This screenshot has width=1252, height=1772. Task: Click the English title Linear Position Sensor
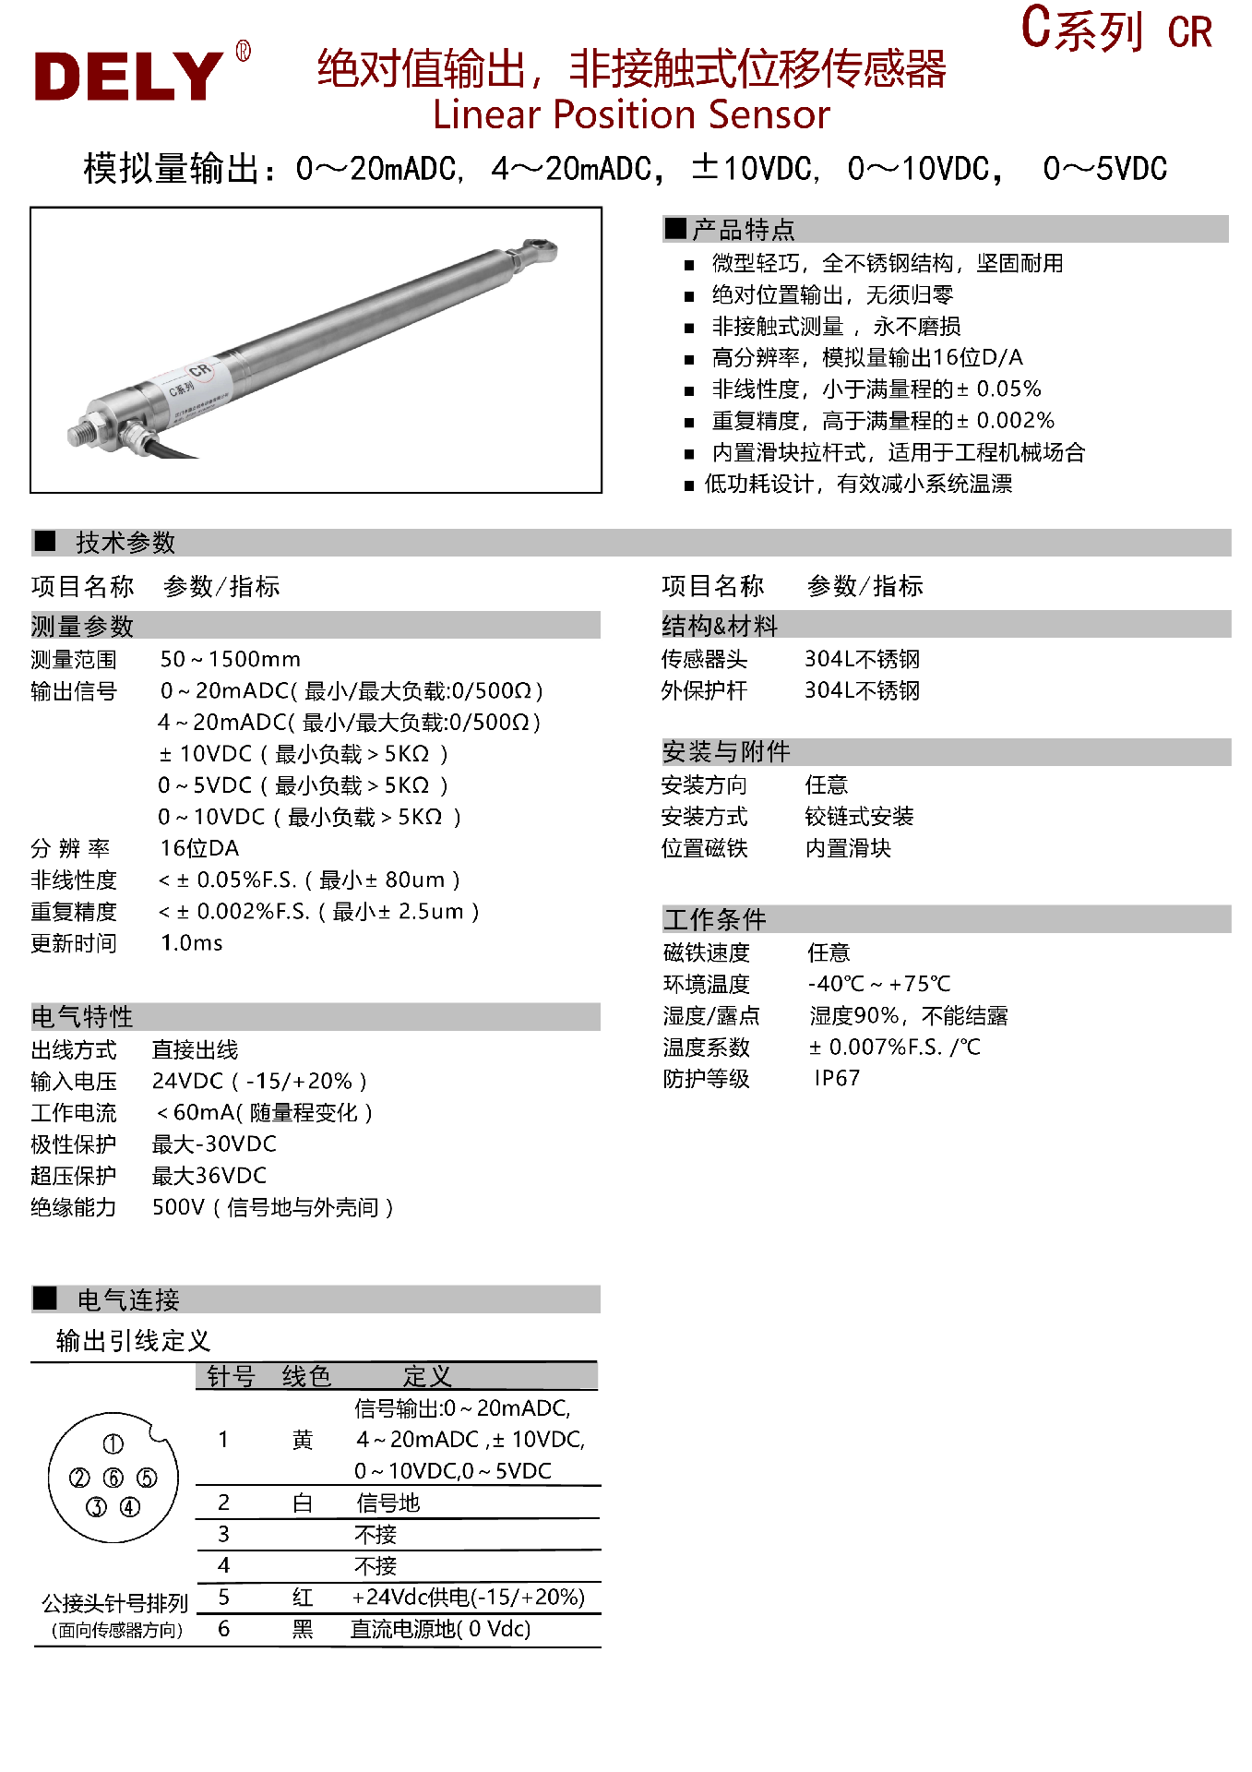click(631, 115)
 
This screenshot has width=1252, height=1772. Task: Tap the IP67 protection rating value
click(837, 1078)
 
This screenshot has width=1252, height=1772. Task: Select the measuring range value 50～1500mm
click(230, 659)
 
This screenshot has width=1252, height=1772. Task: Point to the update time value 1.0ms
click(191, 942)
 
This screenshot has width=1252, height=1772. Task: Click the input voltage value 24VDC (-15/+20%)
click(259, 1081)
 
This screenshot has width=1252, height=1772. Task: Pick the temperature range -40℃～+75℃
click(878, 984)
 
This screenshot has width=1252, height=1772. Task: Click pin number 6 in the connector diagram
click(113, 1478)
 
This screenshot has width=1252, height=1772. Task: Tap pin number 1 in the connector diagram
click(113, 1444)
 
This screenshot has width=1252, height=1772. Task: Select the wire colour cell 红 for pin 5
click(303, 1598)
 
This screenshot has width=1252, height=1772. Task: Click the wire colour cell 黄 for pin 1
click(303, 1440)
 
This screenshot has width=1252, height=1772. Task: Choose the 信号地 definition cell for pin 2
click(388, 1503)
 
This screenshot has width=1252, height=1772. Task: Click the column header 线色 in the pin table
click(306, 1376)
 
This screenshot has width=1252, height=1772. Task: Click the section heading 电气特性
click(82, 1017)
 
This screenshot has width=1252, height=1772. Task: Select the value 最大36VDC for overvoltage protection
click(209, 1176)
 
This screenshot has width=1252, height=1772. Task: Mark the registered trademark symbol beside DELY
click(244, 51)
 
